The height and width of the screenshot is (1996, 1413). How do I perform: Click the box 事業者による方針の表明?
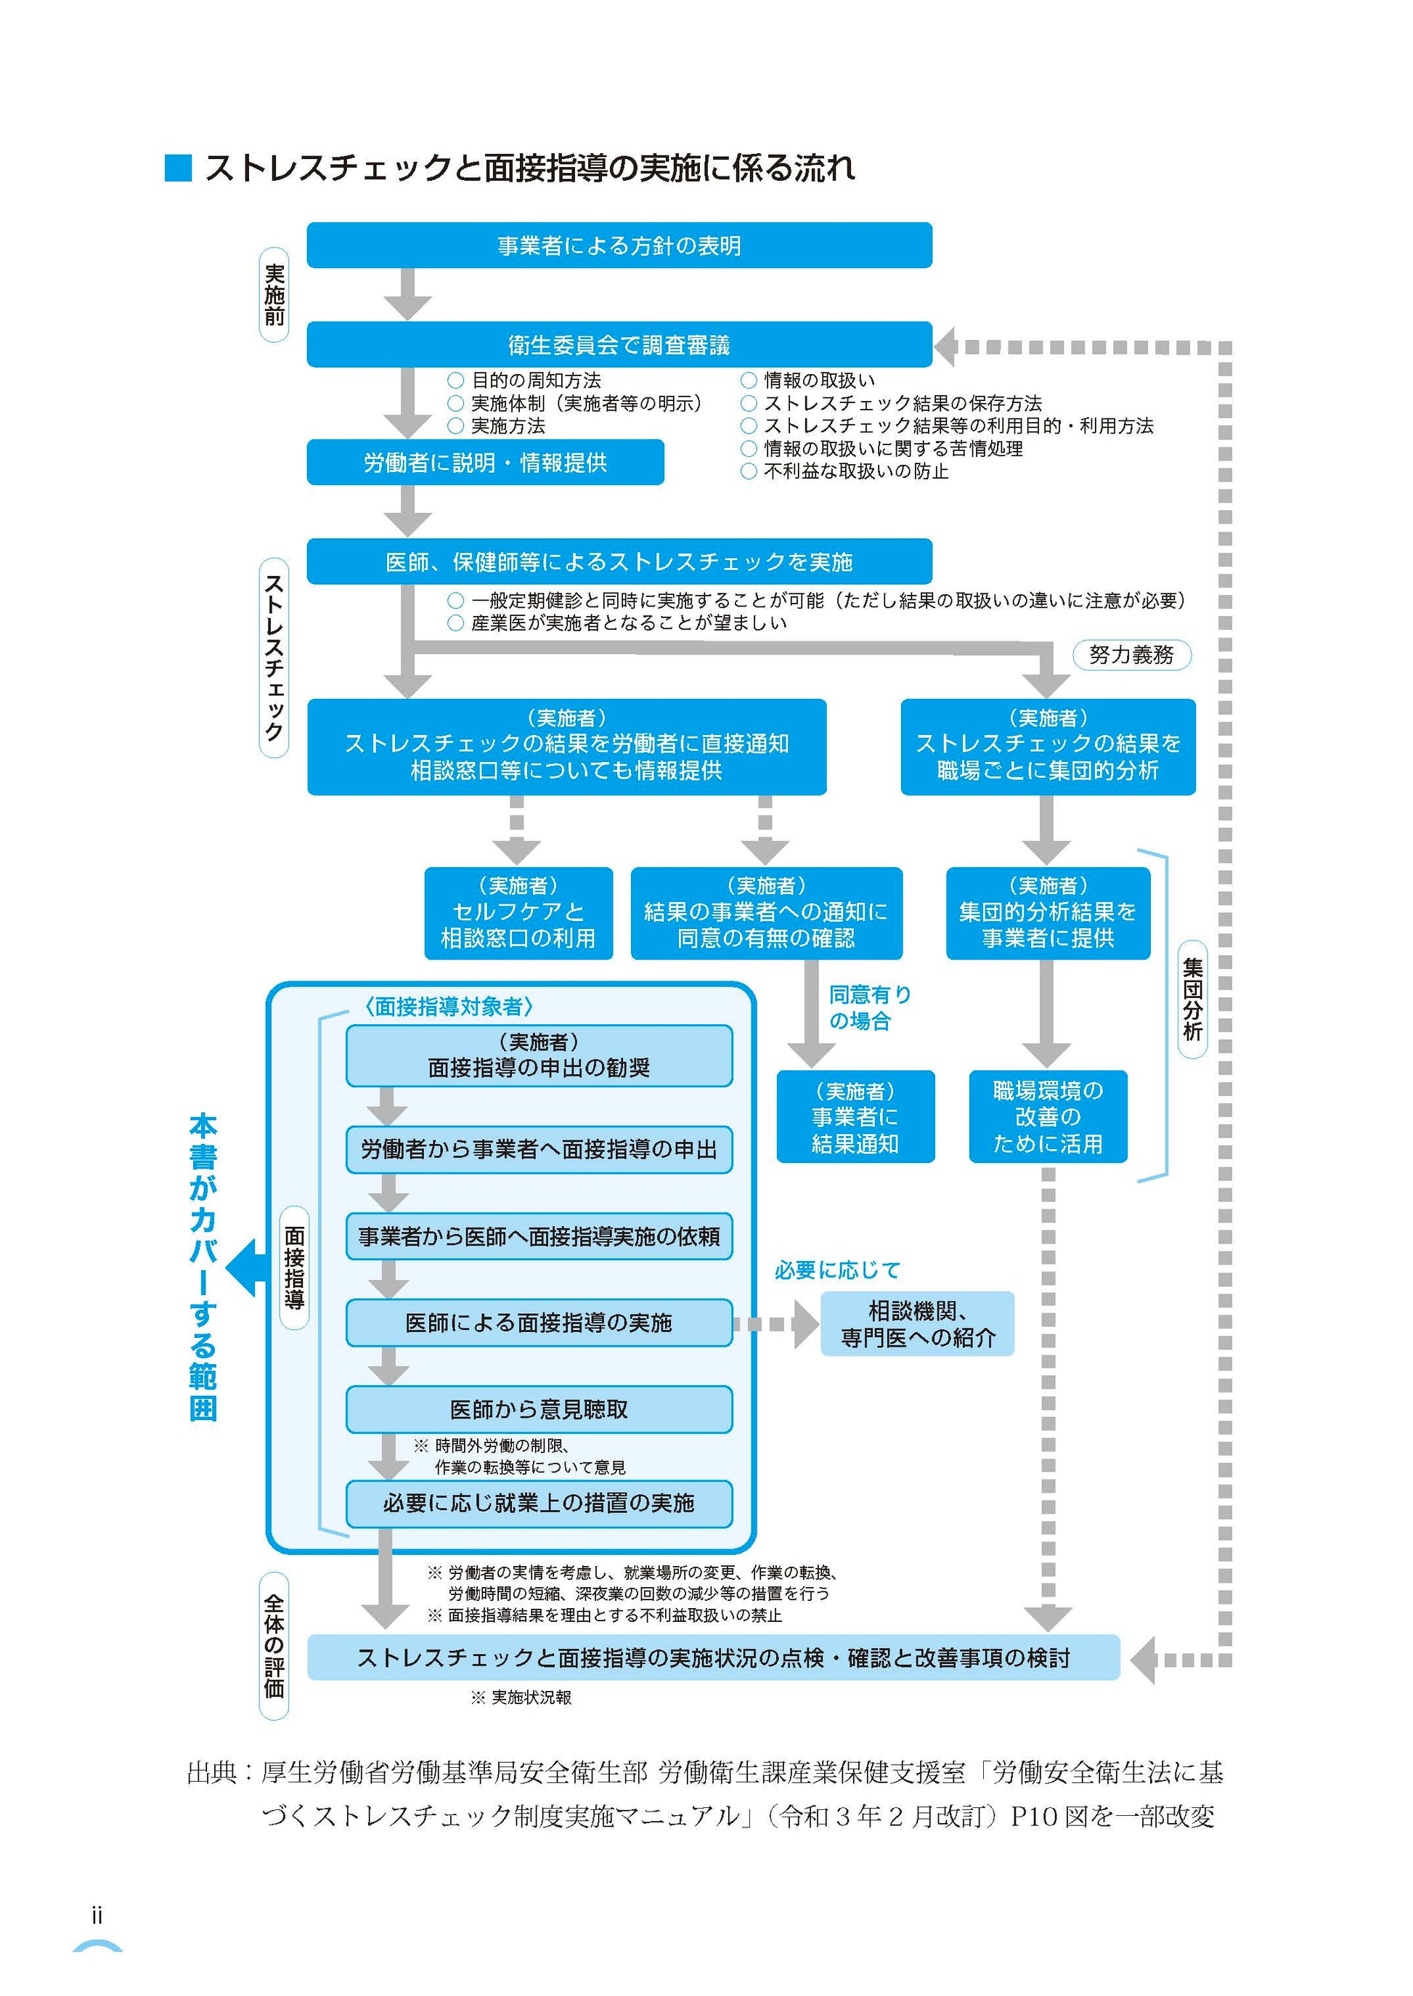(x=619, y=246)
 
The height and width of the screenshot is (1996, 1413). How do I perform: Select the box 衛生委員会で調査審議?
(x=619, y=346)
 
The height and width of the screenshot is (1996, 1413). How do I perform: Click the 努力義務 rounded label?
(x=1131, y=654)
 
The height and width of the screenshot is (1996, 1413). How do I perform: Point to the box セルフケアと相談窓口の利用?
(x=518, y=913)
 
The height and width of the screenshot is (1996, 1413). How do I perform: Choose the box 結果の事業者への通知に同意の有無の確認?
(x=765, y=913)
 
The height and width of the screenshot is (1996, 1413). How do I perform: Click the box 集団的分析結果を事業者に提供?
(x=1048, y=913)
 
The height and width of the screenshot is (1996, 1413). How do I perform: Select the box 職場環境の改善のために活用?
(x=1048, y=1116)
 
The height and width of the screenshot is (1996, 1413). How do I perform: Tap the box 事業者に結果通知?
(x=855, y=1116)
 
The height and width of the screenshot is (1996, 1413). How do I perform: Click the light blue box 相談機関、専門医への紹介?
(x=917, y=1323)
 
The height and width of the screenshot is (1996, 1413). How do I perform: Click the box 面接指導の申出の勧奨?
(x=539, y=1055)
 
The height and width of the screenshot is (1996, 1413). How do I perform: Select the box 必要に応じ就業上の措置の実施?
(x=539, y=1503)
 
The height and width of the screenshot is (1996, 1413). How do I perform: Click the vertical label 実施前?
(x=274, y=295)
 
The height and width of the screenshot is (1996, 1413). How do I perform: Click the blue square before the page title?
(x=177, y=168)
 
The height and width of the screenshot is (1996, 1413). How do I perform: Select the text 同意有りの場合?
(x=868, y=1007)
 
